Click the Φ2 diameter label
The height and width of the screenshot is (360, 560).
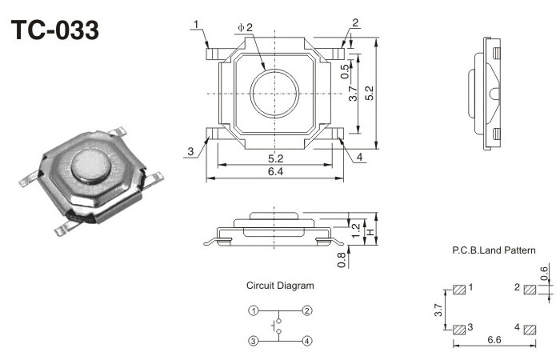[246, 28]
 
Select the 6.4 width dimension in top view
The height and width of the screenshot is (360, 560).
[275, 172]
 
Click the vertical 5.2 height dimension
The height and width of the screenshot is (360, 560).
[369, 94]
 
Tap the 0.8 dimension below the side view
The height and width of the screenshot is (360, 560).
[342, 259]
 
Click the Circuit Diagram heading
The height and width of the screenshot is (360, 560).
[280, 285]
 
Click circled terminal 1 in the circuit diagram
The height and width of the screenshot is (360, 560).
[253, 310]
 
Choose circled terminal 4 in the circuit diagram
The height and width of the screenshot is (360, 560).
[307, 341]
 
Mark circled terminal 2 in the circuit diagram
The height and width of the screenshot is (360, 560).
[307, 310]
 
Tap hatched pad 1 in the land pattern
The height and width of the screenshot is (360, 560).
[459, 289]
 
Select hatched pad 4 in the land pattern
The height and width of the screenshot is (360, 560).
[529, 329]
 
